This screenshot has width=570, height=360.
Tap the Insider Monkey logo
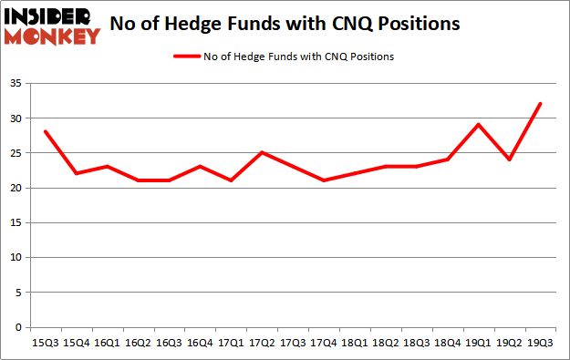click(x=53, y=26)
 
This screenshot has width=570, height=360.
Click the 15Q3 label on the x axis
click(x=44, y=345)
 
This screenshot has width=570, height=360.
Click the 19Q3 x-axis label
click(x=540, y=345)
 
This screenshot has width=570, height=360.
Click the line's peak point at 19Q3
click(x=540, y=104)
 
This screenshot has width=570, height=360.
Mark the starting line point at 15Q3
click(x=44, y=131)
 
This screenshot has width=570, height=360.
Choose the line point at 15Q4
click(x=77, y=173)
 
